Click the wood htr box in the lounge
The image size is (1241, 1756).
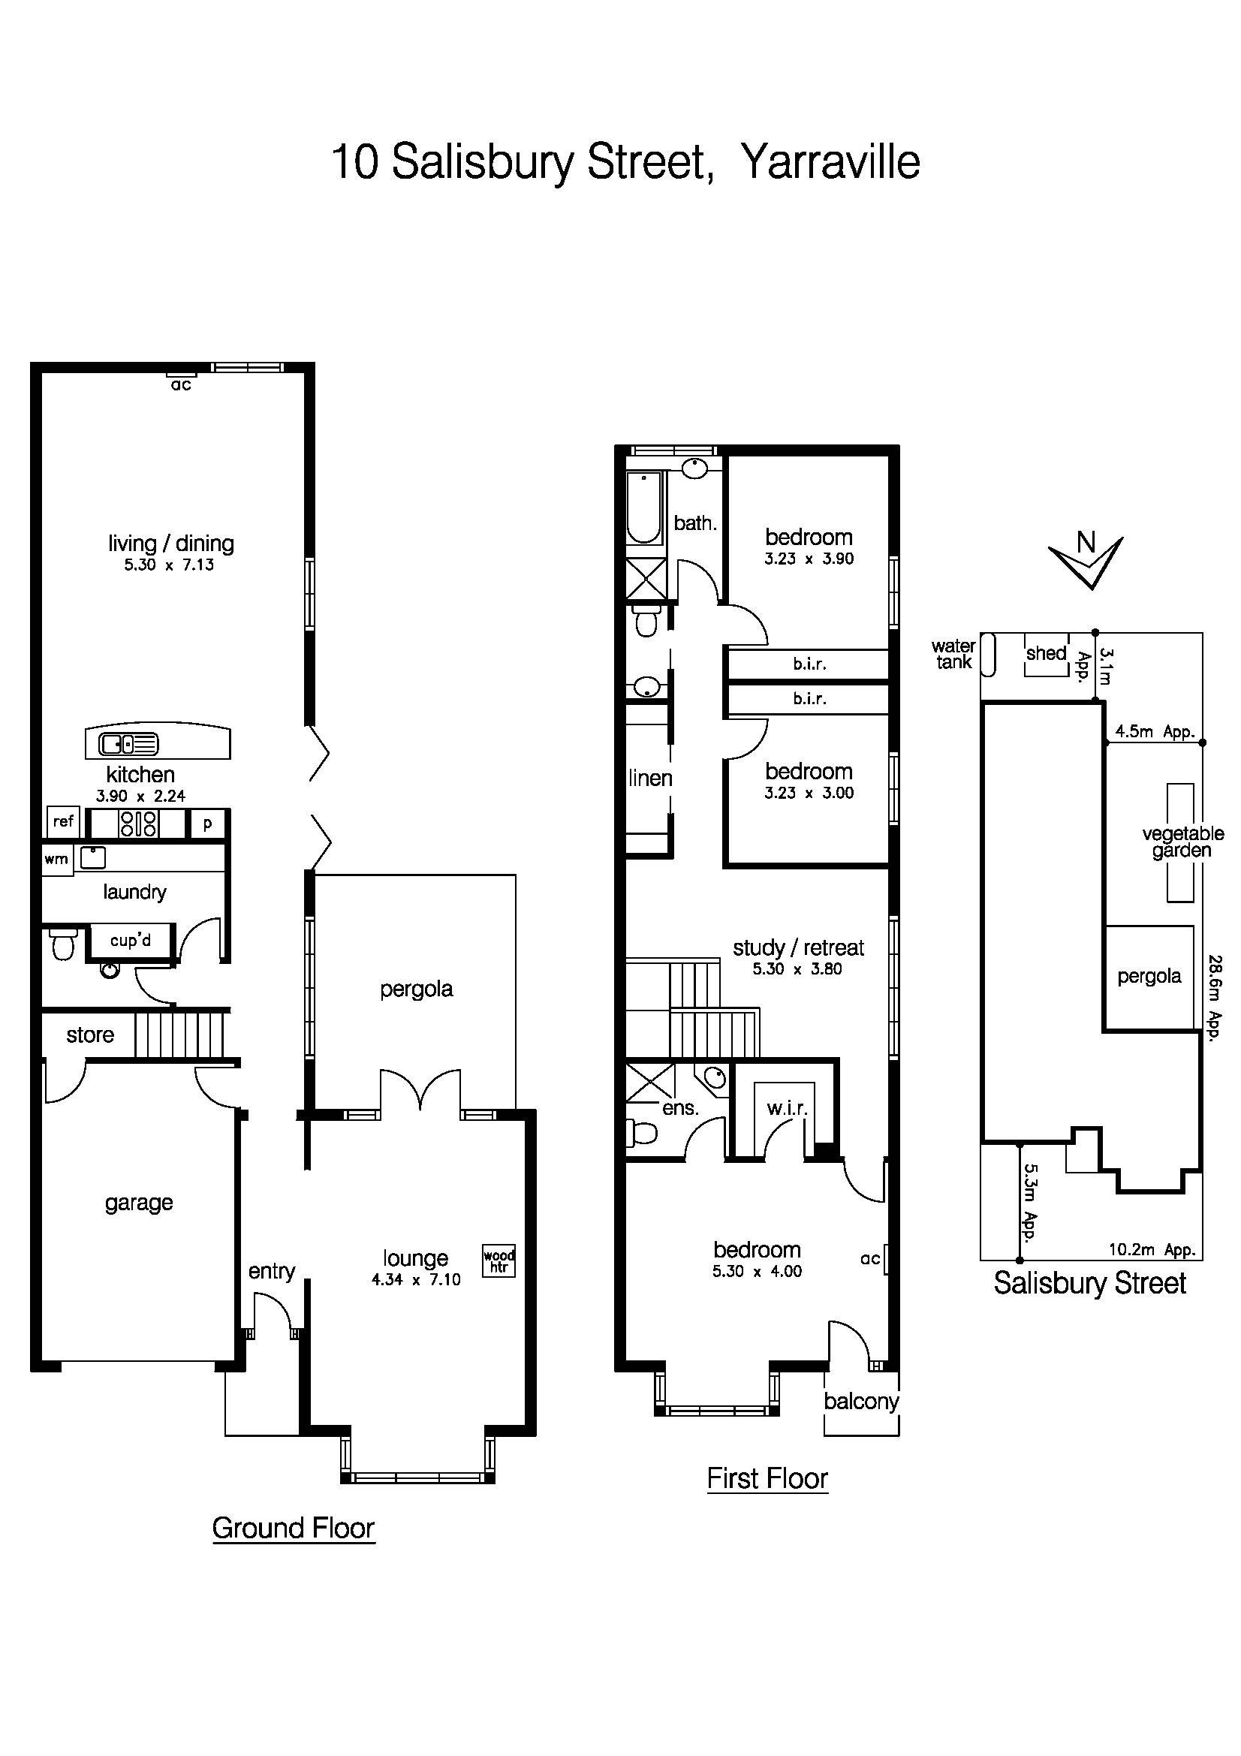tap(499, 1261)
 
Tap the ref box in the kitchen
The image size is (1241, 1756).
tap(63, 821)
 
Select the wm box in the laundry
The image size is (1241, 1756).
tap(56, 859)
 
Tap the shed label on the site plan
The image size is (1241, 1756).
tap(1045, 653)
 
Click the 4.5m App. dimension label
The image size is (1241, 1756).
tap(1154, 731)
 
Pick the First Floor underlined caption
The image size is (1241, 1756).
tap(767, 1478)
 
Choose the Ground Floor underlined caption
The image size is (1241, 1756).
tap(293, 1528)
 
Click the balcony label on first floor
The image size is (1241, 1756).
tap(861, 1401)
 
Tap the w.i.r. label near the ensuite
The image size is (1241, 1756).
tap(787, 1108)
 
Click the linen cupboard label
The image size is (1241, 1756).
tap(650, 779)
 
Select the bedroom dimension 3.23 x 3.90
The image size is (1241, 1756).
tap(809, 559)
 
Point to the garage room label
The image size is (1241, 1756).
tap(138, 1203)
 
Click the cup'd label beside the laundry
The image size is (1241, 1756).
tap(130, 940)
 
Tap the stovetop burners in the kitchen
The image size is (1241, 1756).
tap(138, 824)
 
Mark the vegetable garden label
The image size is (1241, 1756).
tap(1182, 842)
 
